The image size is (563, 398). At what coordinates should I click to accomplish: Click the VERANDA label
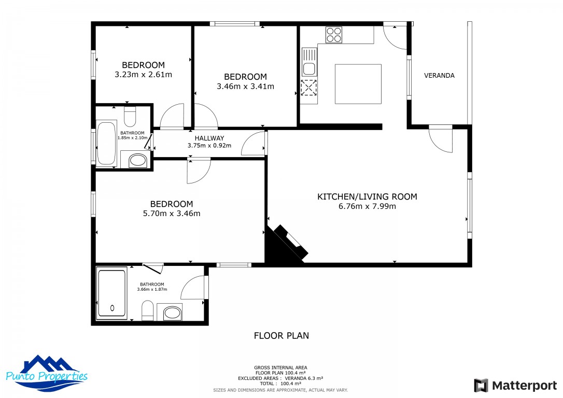coord(439,75)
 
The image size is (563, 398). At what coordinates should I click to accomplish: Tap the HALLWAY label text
coord(209,138)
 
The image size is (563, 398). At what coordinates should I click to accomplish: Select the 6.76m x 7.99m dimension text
coord(367,206)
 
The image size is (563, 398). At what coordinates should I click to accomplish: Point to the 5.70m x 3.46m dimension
coord(172,214)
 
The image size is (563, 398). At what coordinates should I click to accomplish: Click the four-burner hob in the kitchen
coord(333,35)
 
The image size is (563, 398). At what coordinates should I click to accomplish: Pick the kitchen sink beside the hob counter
coord(309,62)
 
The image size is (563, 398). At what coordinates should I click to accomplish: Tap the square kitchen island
coord(358,84)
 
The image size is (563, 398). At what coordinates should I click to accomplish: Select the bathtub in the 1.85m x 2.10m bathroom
coord(107,144)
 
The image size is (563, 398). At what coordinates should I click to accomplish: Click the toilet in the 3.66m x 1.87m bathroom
coord(148,310)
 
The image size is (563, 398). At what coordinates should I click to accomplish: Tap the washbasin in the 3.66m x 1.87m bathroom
coord(172,312)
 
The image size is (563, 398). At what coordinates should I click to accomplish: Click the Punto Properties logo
coord(47,373)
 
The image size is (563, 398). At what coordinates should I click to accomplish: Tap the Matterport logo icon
coord(481,386)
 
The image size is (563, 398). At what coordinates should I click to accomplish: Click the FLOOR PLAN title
coord(281,336)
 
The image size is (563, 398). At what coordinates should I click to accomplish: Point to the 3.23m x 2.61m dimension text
coord(143,75)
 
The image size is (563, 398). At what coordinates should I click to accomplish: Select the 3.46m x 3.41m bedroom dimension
coord(245,87)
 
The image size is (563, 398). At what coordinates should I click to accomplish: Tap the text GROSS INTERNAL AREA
coord(280,367)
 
